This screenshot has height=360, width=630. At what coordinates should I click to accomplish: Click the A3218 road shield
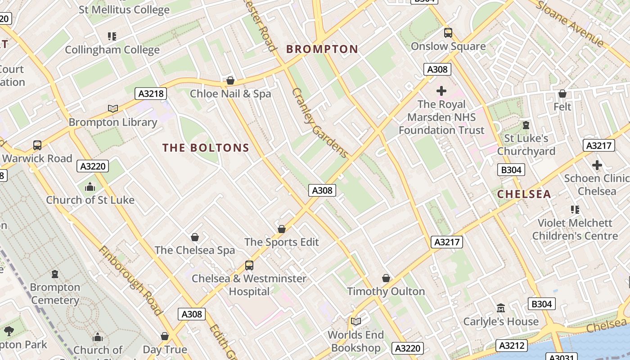(151, 94)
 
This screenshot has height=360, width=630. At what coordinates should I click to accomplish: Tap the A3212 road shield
(511, 346)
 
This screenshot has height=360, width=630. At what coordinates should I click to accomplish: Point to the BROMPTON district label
(322, 49)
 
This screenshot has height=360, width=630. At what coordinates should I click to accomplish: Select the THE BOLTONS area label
(206, 148)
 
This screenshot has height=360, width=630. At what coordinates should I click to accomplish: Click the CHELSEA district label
(524, 194)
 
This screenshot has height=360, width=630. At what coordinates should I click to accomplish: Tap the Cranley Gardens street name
(319, 123)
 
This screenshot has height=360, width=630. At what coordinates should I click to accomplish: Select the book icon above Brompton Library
(113, 108)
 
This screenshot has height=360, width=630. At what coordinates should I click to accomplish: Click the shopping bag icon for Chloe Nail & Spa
(230, 81)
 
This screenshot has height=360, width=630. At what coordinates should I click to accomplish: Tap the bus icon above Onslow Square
(448, 32)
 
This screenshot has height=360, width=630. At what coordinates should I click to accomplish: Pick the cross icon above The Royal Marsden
(441, 91)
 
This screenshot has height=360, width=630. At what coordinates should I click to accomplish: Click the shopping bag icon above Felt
(562, 94)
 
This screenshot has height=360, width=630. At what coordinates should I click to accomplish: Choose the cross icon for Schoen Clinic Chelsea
(597, 165)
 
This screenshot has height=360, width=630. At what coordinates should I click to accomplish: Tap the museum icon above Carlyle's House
(501, 308)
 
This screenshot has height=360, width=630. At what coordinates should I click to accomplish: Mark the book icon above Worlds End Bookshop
(356, 321)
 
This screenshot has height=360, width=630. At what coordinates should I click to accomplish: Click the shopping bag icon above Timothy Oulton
(386, 278)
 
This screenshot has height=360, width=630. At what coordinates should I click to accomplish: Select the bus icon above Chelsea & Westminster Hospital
(249, 265)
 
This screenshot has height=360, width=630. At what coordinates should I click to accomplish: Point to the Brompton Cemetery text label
(55, 293)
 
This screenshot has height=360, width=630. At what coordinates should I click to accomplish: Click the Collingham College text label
(112, 49)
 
